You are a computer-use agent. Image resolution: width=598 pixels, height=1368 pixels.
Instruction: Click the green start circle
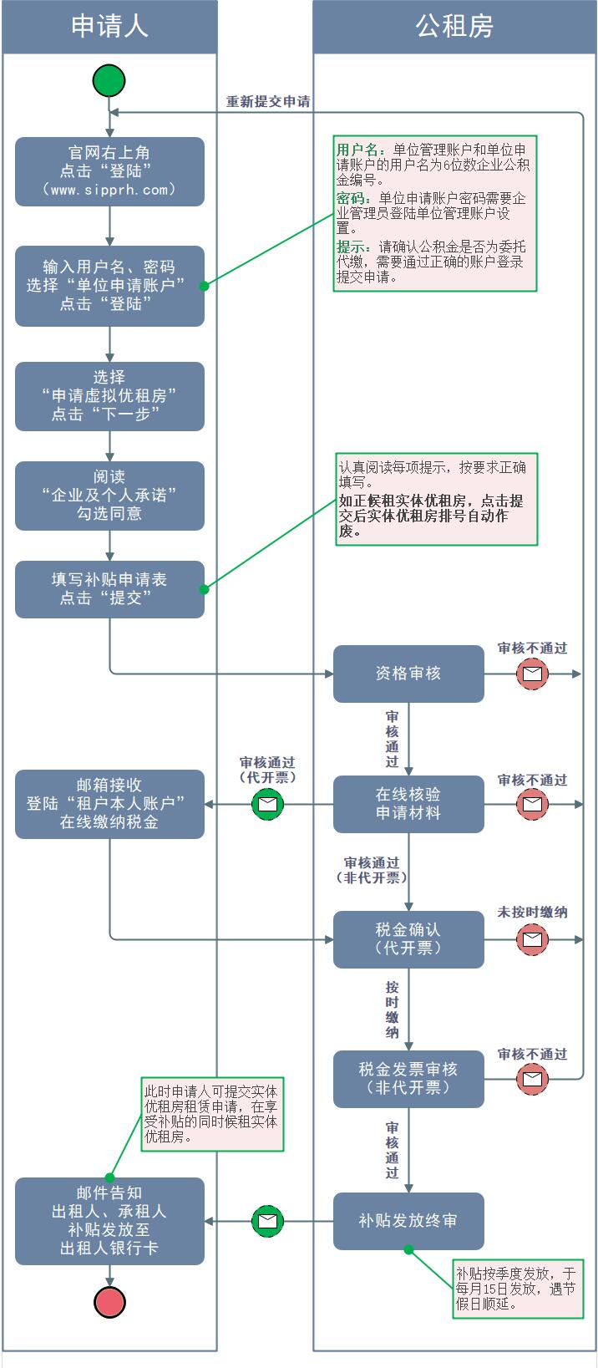coord(109,81)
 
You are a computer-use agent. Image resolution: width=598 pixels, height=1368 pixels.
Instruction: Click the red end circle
coord(109,1302)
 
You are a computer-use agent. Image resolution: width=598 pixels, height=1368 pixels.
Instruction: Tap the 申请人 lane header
coord(109,26)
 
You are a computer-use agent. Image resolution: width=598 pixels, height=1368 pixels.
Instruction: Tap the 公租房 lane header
coord(454,26)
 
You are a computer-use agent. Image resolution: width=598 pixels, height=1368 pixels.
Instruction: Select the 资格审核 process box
coord(408,674)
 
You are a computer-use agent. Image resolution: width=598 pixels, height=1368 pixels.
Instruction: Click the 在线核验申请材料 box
coord(408,804)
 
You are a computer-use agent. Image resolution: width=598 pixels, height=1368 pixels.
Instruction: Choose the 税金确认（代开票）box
coord(408,939)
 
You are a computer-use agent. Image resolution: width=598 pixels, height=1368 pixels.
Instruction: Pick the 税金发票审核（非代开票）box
coord(408,1079)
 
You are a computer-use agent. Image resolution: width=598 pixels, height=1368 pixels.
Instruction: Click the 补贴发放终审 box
coord(408,1221)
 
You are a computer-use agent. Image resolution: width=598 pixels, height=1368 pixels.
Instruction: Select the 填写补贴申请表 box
coord(109,589)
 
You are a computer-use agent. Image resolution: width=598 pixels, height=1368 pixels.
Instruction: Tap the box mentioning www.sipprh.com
coord(109,171)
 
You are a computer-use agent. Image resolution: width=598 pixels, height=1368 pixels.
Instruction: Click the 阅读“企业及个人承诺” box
coord(109,496)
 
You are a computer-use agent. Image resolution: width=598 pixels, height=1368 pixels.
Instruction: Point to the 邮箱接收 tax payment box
coord(109,804)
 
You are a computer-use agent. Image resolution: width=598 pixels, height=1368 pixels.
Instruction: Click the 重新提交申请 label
coord(268,102)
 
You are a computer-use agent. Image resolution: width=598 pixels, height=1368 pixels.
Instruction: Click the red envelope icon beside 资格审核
coord(532,674)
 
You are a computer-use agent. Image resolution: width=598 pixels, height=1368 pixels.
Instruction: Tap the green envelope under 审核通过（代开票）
coord(267,804)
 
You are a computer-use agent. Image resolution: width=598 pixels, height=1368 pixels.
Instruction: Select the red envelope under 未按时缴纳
coord(532,939)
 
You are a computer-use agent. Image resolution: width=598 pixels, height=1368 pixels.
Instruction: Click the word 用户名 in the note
coord(358,150)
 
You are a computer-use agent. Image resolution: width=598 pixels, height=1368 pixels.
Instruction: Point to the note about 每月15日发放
coord(515,1288)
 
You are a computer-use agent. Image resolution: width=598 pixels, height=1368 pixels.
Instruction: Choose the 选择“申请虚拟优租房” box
coord(109,396)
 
